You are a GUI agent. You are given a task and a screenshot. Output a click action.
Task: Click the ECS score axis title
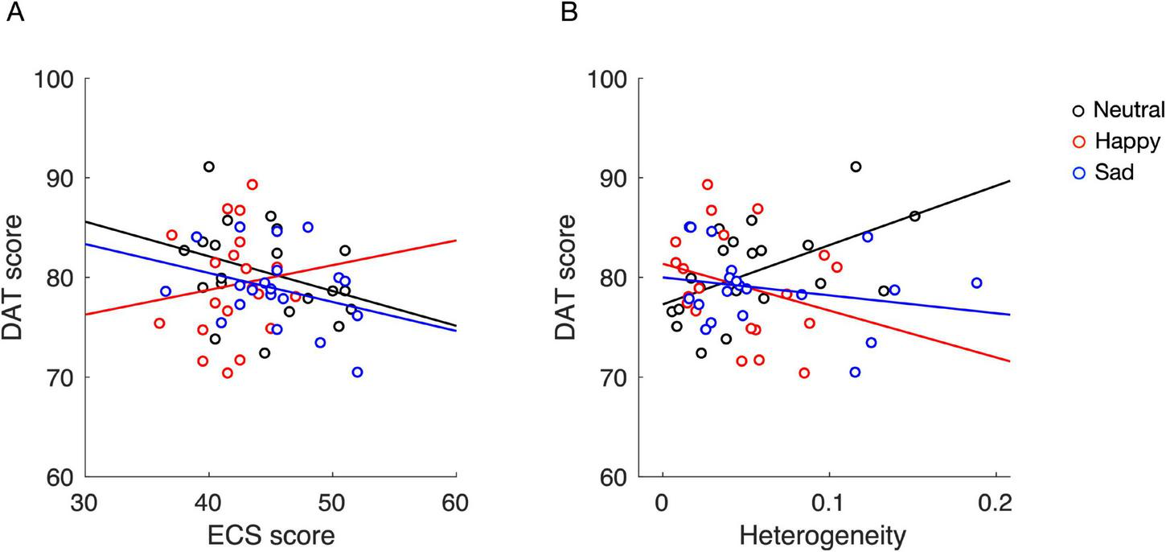coord(271,534)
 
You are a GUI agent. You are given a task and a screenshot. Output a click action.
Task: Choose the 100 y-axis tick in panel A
coord(55,79)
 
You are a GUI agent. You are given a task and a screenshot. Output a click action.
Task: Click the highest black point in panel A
coord(209,167)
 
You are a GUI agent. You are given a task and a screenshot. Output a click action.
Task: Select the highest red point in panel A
coord(252,184)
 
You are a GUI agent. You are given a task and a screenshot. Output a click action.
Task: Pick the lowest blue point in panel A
coord(357,372)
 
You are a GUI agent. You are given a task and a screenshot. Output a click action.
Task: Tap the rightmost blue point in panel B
coord(976,282)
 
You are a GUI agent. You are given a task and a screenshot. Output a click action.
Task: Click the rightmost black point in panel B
coord(914,216)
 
